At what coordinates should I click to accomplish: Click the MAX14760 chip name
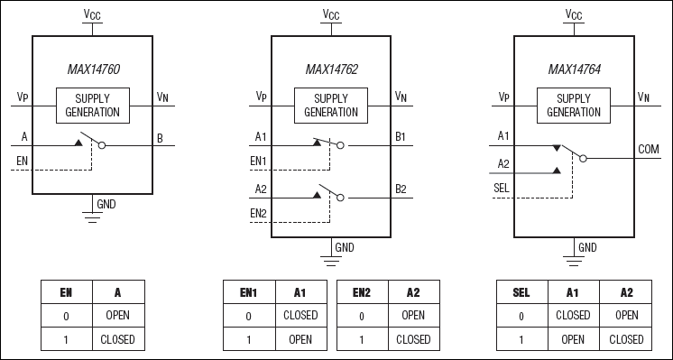coord(92,69)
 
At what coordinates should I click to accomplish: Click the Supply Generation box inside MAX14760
coord(92,106)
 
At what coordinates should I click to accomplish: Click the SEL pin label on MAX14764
coord(504,187)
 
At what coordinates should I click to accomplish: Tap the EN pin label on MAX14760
coord(22,162)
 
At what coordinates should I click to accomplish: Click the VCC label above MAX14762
coord(330,14)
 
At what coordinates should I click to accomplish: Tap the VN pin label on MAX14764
coord(643,97)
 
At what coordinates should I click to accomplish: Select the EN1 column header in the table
coord(248,292)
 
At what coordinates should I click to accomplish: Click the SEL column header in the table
coord(522,292)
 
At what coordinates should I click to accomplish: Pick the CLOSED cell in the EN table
coord(117,339)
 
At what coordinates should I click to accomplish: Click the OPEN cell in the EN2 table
coord(413,316)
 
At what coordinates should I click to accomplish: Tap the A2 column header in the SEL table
coord(626,292)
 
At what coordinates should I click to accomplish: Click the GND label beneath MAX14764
coord(587,246)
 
